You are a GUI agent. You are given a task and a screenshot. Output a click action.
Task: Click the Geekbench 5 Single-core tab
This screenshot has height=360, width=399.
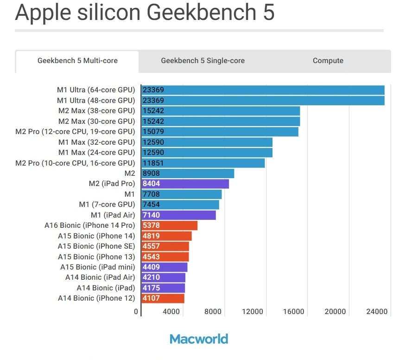tap(203, 61)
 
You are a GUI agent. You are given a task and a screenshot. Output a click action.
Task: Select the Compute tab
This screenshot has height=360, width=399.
tap(328, 61)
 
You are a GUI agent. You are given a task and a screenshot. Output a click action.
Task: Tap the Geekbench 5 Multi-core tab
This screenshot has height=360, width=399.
tap(77, 61)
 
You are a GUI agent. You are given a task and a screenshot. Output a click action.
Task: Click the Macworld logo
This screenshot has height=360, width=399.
tap(199, 339)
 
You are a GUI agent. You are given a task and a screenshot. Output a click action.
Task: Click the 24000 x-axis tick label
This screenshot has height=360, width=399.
tap(376, 312)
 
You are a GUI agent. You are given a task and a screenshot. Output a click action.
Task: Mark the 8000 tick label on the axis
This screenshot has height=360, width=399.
tap(213, 312)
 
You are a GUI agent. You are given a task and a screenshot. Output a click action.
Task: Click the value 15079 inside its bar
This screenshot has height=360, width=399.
tap(153, 132)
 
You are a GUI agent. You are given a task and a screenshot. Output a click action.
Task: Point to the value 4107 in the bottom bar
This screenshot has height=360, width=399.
tap(152, 298)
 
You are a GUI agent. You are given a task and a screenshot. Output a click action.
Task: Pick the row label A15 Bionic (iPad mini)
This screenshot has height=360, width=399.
tap(97, 267)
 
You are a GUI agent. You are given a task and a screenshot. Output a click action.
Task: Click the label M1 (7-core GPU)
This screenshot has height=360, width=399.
tap(107, 205)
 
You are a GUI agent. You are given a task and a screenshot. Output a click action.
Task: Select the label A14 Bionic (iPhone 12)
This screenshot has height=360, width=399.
tap(96, 298)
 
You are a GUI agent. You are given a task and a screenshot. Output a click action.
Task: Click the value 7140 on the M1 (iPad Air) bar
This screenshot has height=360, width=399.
tap(152, 215)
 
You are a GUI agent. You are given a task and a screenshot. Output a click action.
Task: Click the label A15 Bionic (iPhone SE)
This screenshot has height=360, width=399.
tap(96, 246)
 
